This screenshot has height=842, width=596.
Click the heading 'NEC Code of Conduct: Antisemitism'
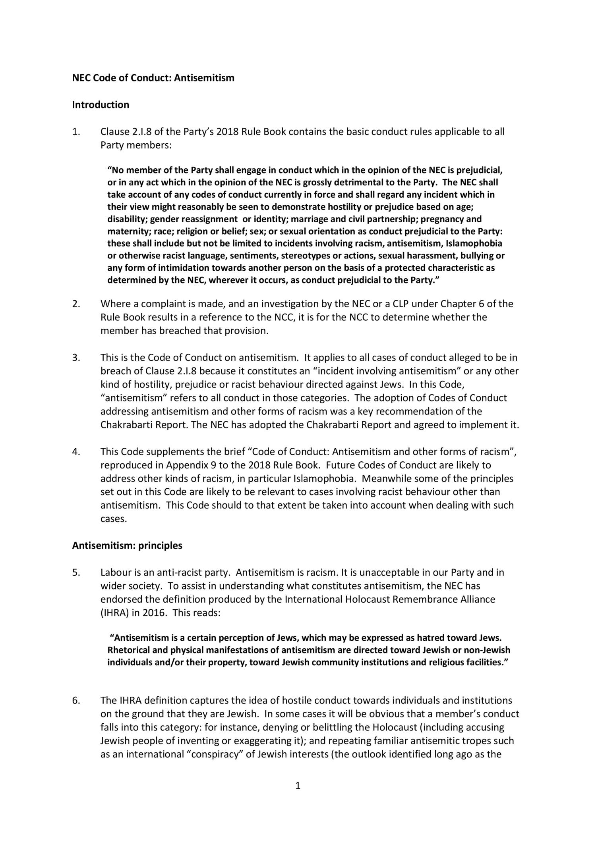153,78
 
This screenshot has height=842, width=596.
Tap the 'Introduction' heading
101,105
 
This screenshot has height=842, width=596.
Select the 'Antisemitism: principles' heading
127,545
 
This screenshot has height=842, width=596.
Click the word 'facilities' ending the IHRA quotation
486,663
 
